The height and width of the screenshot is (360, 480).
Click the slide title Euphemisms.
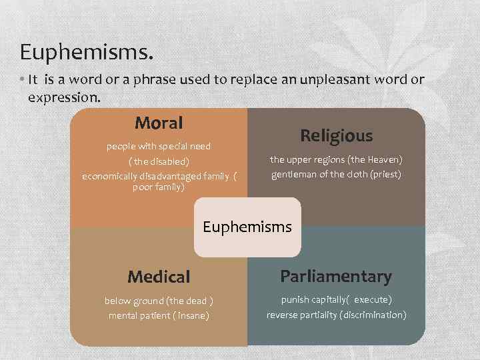pyautogui.click(x=87, y=52)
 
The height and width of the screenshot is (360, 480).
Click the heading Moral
pyautogui.click(x=159, y=123)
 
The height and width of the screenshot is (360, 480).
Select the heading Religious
pyautogui.click(x=336, y=136)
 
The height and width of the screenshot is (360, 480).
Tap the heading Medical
pyautogui.click(x=159, y=277)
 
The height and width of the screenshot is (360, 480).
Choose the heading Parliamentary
pyautogui.click(x=336, y=276)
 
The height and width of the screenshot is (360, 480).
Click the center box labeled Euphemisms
pyautogui.click(x=247, y=227)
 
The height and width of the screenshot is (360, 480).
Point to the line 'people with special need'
pyautogui.click(x=159, y=146)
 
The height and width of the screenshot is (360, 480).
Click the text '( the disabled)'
pyautogui.click(x=159, y=161)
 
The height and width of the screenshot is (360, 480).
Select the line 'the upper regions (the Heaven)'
pyautogui.click(x=336, y=159)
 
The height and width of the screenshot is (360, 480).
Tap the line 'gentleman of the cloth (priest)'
pyautogui.click(x=336, y=175)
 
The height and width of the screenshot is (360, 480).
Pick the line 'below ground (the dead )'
pyautogui.click(x=159, y=301)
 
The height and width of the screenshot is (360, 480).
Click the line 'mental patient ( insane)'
pyautogui.click(x=159, y=315)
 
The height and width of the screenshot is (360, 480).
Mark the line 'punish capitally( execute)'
pyautogui.click(x=336, y=300)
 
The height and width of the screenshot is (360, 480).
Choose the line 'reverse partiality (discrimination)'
pyautogui.click(x=336, y=315)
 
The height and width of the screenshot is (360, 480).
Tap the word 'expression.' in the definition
pyautogui.click(x=65, y=97)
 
